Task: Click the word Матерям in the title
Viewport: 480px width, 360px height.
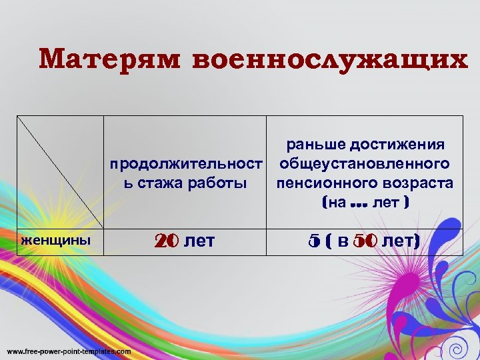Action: point(109,59)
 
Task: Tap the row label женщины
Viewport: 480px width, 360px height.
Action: point(56,239)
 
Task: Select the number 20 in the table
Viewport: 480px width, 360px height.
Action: point(166,241)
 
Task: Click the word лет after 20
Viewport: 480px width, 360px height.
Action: point(199,241)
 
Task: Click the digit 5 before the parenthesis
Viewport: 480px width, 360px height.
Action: point(314,241)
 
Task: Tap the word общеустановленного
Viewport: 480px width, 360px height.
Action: point(364,164)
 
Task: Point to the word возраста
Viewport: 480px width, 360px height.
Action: point(415,183)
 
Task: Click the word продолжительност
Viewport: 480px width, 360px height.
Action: point(185,164)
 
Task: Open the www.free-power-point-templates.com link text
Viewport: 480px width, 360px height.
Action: point(69,351)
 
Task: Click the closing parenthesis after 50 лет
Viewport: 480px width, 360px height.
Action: point(417,241)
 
